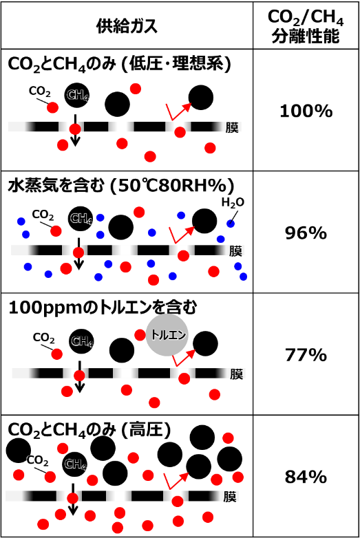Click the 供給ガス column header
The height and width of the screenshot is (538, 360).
127,26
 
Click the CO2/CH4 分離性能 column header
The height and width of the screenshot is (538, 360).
306,26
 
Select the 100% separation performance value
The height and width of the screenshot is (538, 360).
306,111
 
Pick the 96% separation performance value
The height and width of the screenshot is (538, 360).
306,233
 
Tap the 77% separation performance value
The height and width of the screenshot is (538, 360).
306,355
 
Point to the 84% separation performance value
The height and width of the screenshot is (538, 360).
306,477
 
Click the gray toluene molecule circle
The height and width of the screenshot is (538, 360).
167,335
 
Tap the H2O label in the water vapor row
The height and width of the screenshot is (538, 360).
233,203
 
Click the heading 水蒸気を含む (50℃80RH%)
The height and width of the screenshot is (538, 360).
120,186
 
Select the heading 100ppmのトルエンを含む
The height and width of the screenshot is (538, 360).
103,308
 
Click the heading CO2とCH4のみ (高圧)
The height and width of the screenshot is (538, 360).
89,430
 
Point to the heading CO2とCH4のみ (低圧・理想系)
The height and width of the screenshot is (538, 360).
120,64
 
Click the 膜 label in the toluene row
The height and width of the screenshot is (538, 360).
237,374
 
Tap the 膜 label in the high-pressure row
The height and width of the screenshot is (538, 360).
230,497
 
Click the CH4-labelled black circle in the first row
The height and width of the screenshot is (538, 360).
77,95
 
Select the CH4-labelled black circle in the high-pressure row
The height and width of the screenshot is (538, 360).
74,464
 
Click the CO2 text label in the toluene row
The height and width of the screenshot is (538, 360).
43,338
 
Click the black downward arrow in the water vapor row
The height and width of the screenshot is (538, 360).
79,254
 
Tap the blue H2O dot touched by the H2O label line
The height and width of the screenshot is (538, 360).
231,224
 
